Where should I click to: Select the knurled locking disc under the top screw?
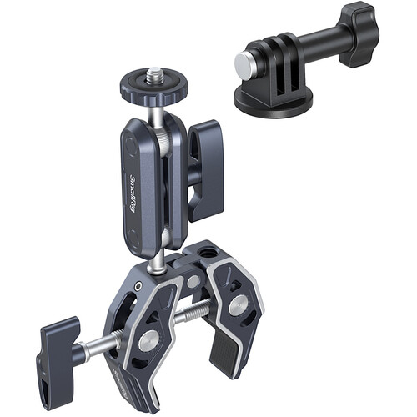click(154, 88)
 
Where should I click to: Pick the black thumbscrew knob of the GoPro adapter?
click(358, 36)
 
